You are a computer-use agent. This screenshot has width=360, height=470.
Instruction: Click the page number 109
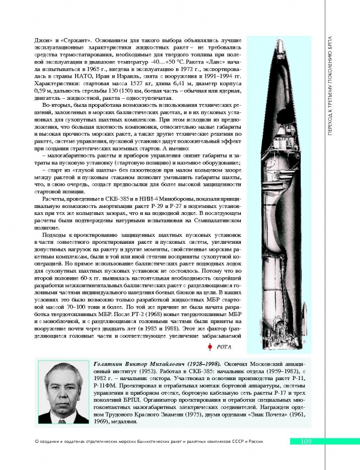click(x=309, y=442)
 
